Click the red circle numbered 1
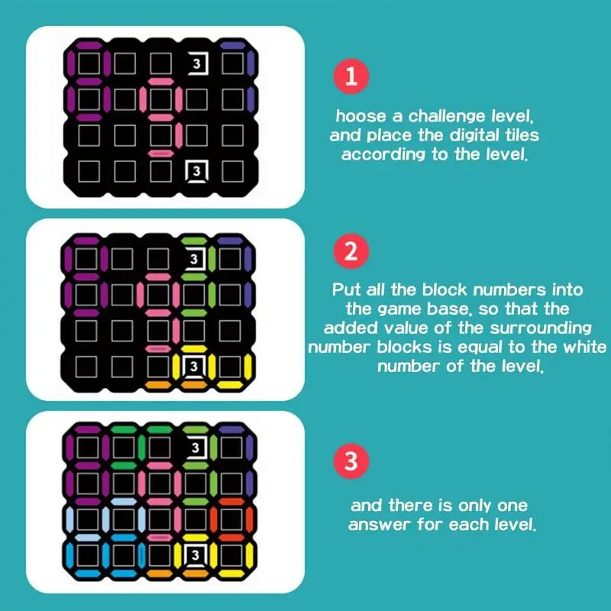351,76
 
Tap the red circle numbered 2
351,251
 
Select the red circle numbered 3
351,461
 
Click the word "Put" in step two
346,289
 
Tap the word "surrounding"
541,328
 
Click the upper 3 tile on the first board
197,63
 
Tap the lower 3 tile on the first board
197,171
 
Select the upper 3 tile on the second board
195,259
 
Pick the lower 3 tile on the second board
195,367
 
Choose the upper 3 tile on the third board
196,447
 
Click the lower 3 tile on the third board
196,554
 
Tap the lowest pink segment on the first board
161,154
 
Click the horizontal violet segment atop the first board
233,45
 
